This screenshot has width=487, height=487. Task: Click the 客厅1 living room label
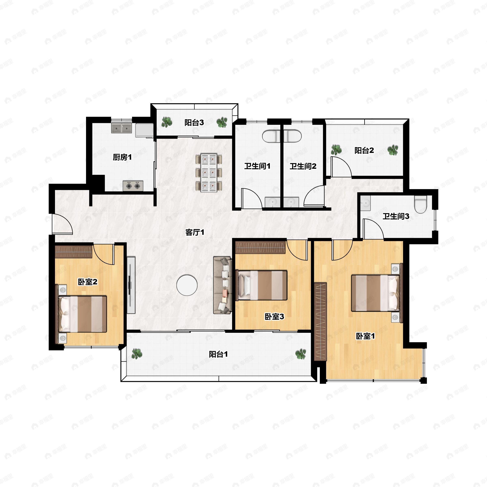click(195, 232)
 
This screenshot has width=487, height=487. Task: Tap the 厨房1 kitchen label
click(122, 157)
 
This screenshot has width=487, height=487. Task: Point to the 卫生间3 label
click(396, 216)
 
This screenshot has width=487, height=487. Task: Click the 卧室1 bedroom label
click(365, 336)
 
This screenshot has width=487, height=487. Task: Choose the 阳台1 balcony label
click(218, 354)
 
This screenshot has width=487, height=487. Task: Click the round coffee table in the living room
click(187, 285)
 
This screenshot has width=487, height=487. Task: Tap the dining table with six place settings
click(209, 173)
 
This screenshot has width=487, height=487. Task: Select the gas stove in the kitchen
click(133, 186)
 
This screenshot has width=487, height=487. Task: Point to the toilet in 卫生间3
click(420, 205)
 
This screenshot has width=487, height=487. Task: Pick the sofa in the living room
click(222, 285)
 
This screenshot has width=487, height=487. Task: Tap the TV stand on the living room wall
click(131, 285)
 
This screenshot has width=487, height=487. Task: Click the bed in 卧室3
click(261, 285)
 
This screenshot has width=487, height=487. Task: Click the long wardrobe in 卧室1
click(321, 322)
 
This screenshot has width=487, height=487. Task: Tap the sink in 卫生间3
click(365, 203)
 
